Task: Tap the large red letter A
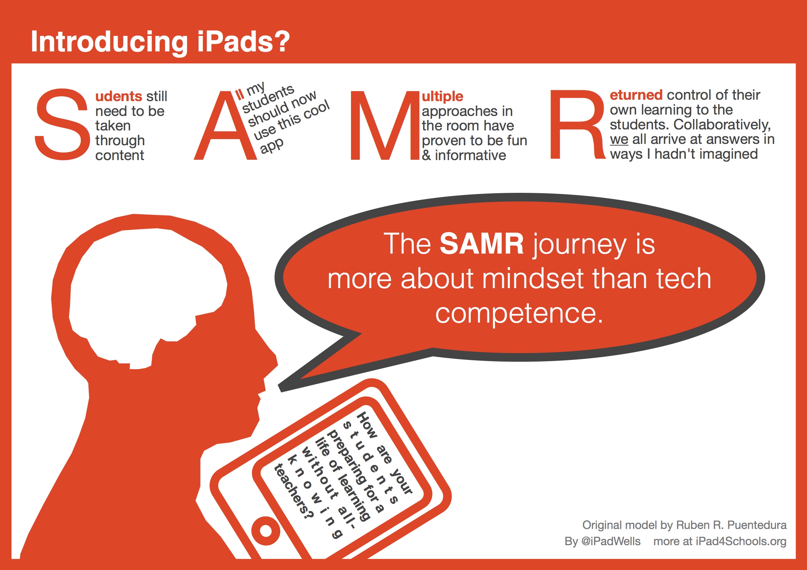point(225,126)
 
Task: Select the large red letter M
point(385,126)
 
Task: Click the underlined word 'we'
point(619,139)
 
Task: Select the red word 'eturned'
point(636,95)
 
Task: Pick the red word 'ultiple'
point(443,96)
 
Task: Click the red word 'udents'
point(119,96)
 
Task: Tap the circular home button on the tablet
point(266,531)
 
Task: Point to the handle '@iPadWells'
point(611,541)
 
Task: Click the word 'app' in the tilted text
point(272,145)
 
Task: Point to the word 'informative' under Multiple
point(470,155)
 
